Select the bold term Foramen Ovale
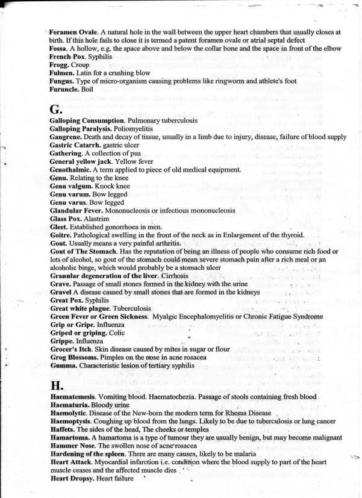(70, 32)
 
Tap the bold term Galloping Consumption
(87, 121)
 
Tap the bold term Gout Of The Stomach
(83, 251)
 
